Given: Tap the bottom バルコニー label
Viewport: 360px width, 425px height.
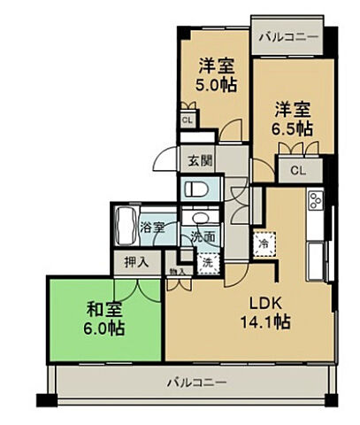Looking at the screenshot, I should coord(196,383).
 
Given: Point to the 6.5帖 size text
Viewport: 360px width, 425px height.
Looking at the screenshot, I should coord(293,128).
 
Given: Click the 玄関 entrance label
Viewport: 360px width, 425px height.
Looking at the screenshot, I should coord(200,161).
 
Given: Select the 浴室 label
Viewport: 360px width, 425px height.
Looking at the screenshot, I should coord(152,228).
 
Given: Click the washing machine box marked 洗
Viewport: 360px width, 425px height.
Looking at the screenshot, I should coord(206,262).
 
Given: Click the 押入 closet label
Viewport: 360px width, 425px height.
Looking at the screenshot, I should coord(136,262).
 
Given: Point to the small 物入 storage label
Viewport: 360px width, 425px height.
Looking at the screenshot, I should coord(175,272).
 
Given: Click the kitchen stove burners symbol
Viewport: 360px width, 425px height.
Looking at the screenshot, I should coord(315,201).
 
